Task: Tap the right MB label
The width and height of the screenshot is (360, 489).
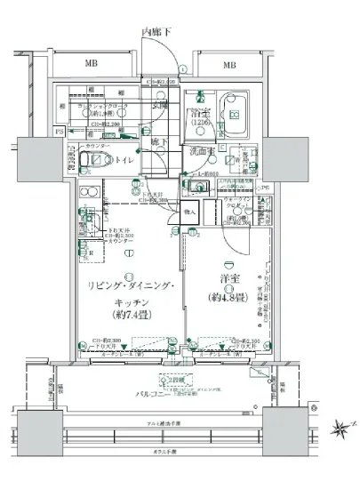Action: pyautogui.click(x=228, y=65)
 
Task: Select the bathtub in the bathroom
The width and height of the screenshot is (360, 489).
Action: pyautogui.click(x=234, y=114)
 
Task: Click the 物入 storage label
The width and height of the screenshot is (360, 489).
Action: pyautogui.click(x=189, y=213)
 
